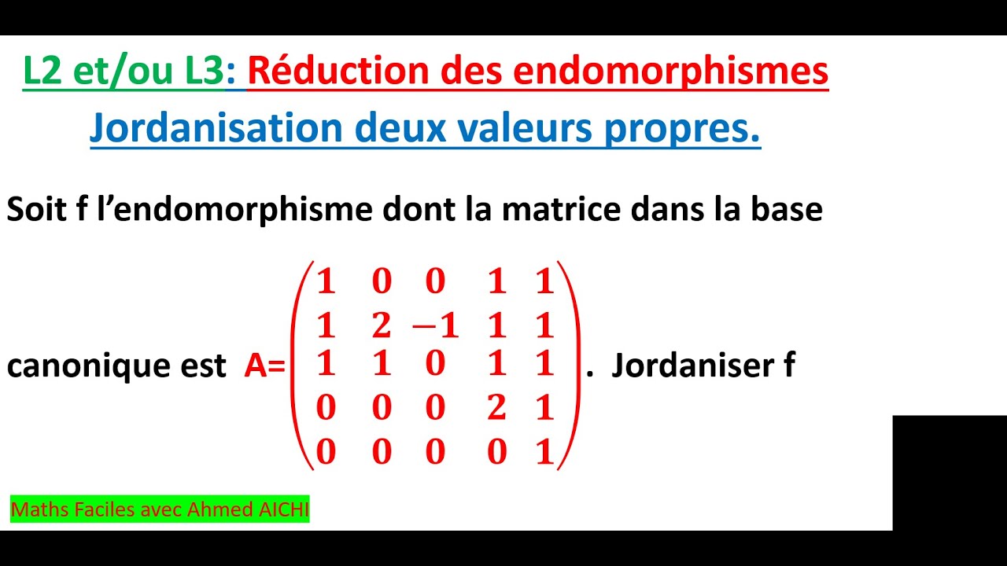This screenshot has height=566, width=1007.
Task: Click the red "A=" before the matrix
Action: (264, 366)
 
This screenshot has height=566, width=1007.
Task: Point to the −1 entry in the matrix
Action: (435, 325)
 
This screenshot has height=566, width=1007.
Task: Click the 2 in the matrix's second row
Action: (381, 325)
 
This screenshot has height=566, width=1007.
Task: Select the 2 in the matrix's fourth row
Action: (496, 408)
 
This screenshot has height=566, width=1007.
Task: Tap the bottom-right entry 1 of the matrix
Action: (544, 452)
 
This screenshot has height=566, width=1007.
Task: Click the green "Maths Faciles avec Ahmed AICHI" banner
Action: (160, 510)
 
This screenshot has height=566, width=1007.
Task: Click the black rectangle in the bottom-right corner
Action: (949, 472)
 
